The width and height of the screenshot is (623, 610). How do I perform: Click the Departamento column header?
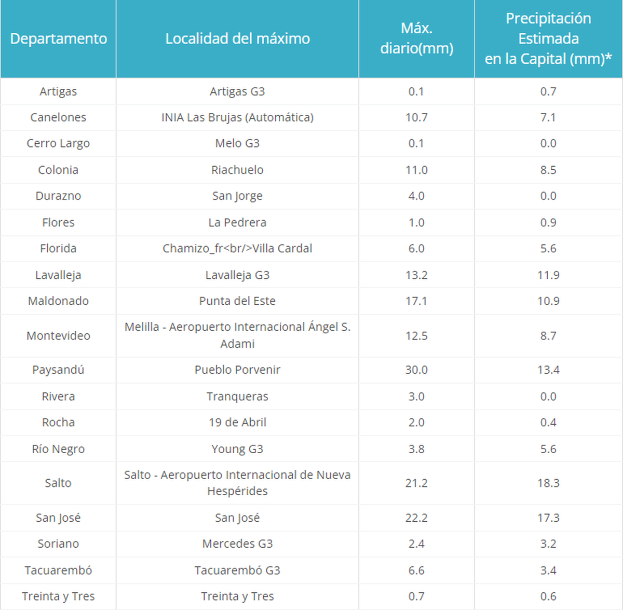[x=58, y=38]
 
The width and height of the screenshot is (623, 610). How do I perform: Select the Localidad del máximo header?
[x=237, y=38]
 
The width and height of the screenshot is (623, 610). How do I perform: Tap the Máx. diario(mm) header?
[x=416, y=38]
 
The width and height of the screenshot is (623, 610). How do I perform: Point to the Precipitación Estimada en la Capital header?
[x=548, y=38]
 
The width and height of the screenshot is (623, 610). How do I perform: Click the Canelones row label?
[x=58, y=117]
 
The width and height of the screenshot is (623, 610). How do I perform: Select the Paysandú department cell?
[x=58, y=370]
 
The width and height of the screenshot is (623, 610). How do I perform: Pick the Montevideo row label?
[x=58, y=336]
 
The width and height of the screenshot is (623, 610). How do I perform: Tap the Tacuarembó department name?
[x=58, y=570]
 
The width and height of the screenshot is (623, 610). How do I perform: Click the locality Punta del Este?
[x=237, y=301]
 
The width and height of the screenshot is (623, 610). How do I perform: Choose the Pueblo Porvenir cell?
[x=237, y=370]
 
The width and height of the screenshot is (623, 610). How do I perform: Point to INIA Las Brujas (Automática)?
[x=237, y=117]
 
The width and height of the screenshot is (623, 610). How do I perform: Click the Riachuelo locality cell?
[x=237, y=170]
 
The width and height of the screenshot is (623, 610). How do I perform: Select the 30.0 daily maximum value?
[x=416, y=370]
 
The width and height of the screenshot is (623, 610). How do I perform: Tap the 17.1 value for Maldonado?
[x=416, y=301]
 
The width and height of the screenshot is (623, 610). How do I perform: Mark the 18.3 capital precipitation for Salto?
[x=548, y=483]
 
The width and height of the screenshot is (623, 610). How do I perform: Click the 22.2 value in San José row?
[x=416, y=518]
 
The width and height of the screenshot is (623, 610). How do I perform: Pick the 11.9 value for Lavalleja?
[x=548, y=275]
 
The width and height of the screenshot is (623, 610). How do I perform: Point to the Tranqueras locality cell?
[x=237, y=397]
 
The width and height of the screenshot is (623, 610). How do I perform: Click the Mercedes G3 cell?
[x=237, y=544]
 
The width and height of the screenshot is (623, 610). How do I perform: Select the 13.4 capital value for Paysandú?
[x=548, y=370]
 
